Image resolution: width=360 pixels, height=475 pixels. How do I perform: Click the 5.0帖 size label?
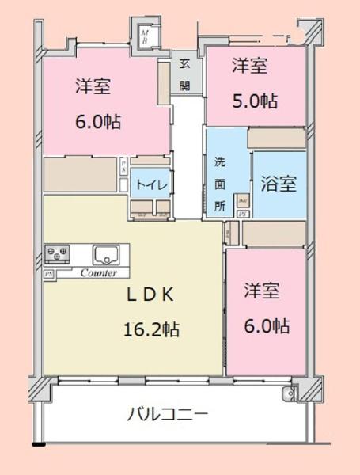254,101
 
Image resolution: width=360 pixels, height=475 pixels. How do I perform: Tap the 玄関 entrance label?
184,74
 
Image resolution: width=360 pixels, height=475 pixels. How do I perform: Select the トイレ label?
151,184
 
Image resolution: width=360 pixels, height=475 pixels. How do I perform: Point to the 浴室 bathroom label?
279,184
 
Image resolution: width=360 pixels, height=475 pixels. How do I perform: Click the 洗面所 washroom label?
220,184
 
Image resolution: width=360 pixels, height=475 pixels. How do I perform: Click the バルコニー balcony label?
167,414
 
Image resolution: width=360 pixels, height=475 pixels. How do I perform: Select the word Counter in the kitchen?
99,272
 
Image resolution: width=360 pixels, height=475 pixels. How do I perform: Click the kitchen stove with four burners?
58,254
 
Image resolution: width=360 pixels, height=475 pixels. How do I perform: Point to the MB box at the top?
145,33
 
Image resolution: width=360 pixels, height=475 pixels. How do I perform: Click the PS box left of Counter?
49,273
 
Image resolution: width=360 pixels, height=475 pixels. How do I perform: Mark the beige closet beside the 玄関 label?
164,80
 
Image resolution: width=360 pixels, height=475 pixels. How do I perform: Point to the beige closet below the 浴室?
273,233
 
